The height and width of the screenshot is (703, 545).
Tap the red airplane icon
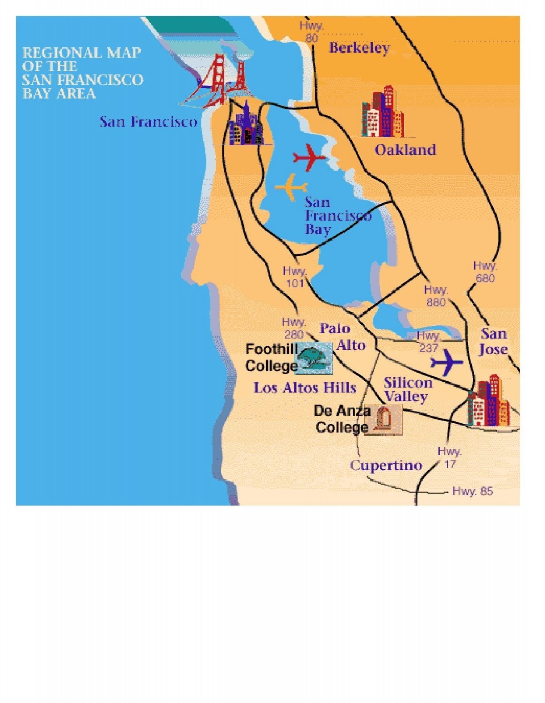click(309, 157)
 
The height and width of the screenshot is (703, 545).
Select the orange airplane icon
click(291, 187)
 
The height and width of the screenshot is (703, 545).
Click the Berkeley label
click(359, 48)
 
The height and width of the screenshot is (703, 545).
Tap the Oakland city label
click(405, 150)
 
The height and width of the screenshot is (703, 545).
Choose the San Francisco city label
click(149, 122)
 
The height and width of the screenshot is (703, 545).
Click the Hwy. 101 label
click(295, 277)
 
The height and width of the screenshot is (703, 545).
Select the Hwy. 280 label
click(294, 328)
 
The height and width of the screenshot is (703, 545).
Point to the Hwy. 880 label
click(436, 295)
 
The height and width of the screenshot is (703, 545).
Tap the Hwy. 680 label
click(485, 272)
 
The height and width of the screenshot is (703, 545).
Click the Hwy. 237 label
click(428, 341)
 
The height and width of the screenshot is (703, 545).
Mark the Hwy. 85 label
click(472, 491)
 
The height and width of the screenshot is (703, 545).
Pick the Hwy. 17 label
click(450, 457)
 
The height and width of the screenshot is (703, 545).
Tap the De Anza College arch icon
click(383, 420)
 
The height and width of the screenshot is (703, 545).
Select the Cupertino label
click(386, 465)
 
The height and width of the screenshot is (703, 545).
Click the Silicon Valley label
click(407, 389)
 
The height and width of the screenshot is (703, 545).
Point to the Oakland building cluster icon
click(382, 112)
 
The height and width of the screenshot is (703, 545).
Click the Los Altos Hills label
click(305, 388)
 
